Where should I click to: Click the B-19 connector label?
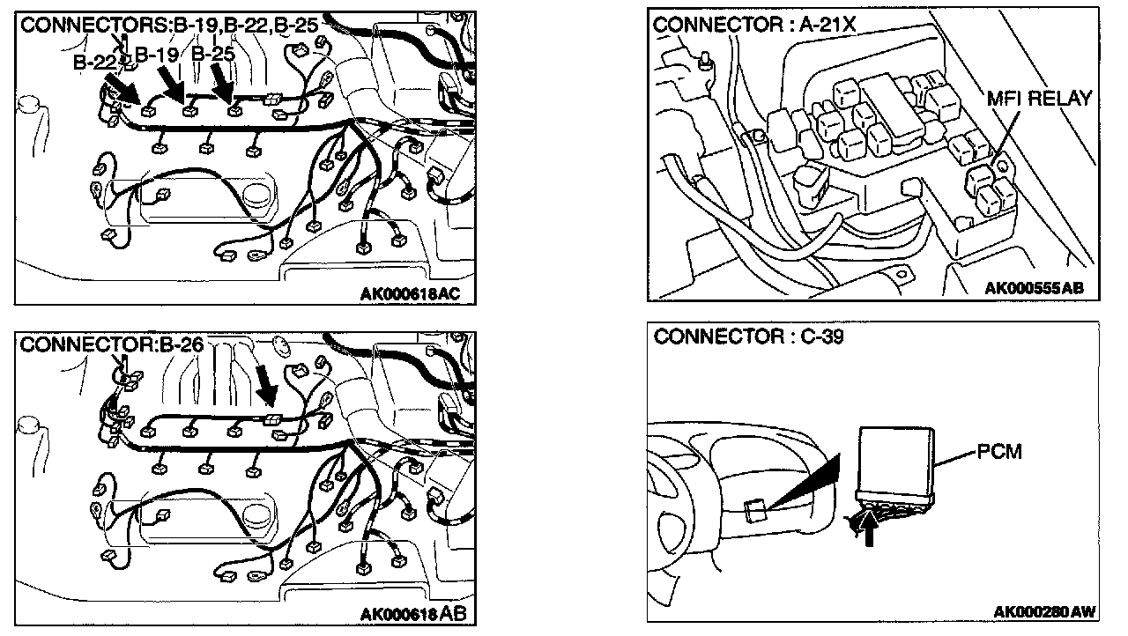click(x=157, y=55)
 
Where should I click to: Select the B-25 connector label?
click(x=213, y=55)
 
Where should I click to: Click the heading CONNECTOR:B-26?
click(x=112, y=344)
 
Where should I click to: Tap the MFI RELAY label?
click(x=1039, y=98)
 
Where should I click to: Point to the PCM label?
click(x=998, y=452)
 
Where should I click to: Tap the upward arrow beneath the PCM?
click(x=872, y=529)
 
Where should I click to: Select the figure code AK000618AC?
click(x=412, y=294)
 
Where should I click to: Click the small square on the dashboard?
click(x=754, y=510)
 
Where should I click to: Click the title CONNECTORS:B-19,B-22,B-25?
click(x=169, y=25)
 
